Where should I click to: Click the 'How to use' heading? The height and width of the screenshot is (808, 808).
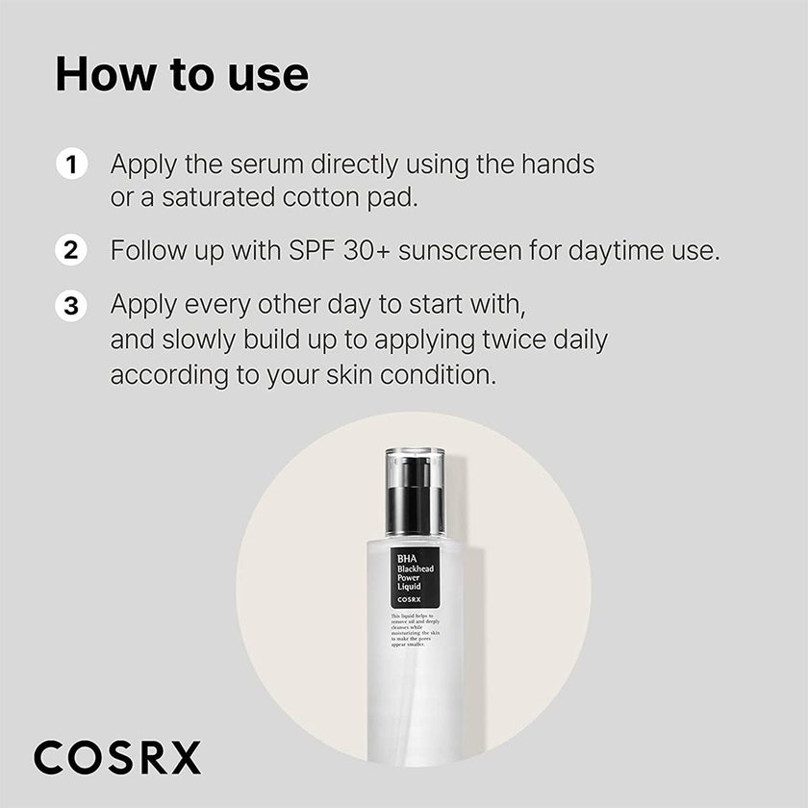point(182,75)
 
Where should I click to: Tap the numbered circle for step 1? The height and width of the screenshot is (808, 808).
point(70,164)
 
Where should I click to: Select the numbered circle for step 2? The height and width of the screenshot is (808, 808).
point(70,252)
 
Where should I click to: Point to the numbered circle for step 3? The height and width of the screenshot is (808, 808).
point(70,307)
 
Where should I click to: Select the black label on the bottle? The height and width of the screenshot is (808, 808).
point(415,576)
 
